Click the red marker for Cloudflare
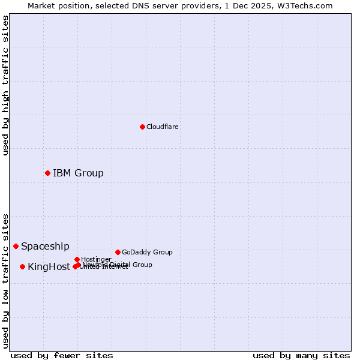pos(142,127)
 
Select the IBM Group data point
pos(47,173)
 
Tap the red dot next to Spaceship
pos(16,246)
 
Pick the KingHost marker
pos(22,266)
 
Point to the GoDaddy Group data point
pos(118,252)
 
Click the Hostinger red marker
pos(77,259)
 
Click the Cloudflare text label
pos(162,127)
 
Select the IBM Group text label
pos(78,173)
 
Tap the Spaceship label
pos(45,246)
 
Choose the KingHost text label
pos(49,266)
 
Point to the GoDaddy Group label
pos(147,252)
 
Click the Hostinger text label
pos(96,259)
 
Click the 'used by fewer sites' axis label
pos(62,355)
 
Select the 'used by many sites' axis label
pos(301,355)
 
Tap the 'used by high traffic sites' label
pos(5,85)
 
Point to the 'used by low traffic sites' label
pos(5,280)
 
